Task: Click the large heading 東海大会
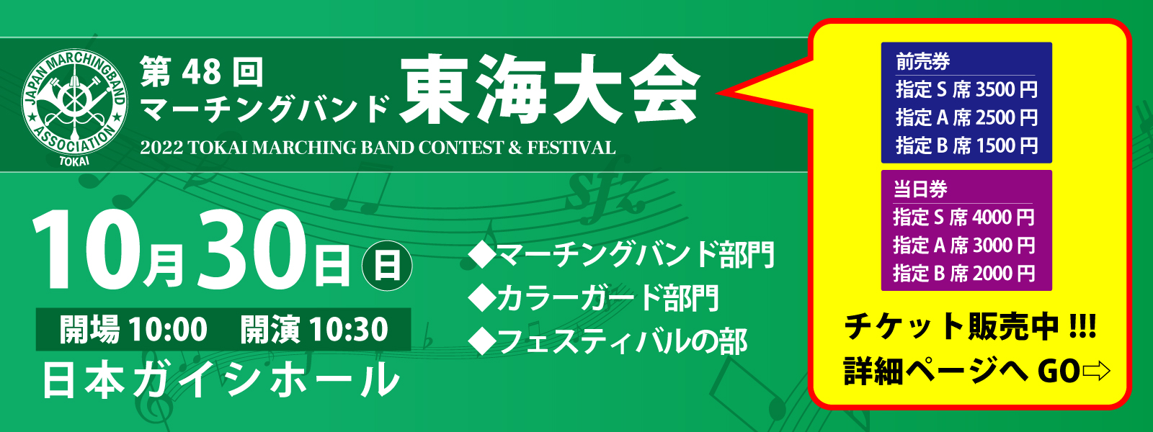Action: pyautogui.click(x=550, y=91)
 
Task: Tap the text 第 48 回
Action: pyautogui.click(x=201, y=72)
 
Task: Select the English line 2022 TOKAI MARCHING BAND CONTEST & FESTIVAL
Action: pyautogui.click(x=378, y=148)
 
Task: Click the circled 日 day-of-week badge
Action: pyautogui.click(x=387, y=266)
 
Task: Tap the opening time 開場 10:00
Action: pyautogui.click(x=133, y=329)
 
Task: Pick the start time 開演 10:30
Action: pyautogui.click(x=314, y=329)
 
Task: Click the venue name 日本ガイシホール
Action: pyautogui.click(x=221, y=380)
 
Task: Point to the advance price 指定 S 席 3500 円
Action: pyautogui.click(x=966, y=89)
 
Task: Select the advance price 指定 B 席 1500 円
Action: pyautogui.click(x=966, y=145)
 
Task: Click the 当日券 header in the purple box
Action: pyautogui.click(x=920, y=189)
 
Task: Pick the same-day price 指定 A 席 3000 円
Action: pyautogui.click(x=964, y=246)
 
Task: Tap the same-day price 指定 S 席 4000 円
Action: pyautogui.click(x=964, y=217)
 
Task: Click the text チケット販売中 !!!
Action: pyautogui.click(x=971, y=327)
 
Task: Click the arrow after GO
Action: pyautogui.click(x=1096, y=372)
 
